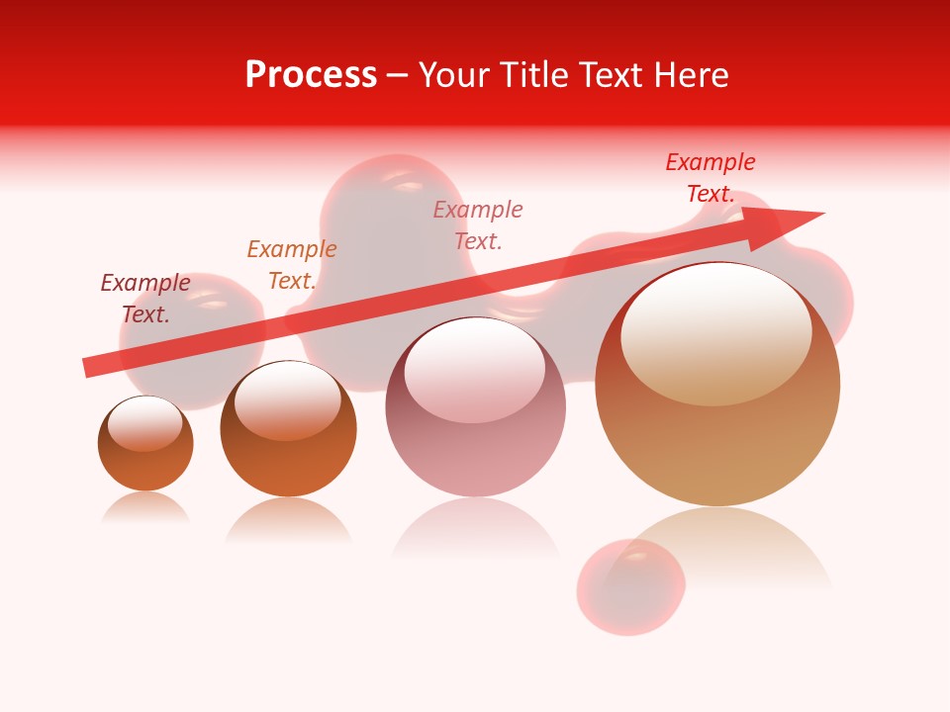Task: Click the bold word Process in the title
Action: [x=311, y=75]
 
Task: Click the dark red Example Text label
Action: [x=145, y=299]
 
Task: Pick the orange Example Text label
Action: [x=292, y=265]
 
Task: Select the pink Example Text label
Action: [x=478, y=224]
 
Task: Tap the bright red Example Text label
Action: [x=711, y=178]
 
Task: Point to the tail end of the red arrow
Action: [x=87, y=368]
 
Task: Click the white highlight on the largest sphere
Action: [x=715, y=331]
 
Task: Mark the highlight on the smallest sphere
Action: [x=145, y=422]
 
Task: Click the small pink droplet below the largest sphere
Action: [x=630, y=586]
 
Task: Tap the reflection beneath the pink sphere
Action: [x=476, y=529]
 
